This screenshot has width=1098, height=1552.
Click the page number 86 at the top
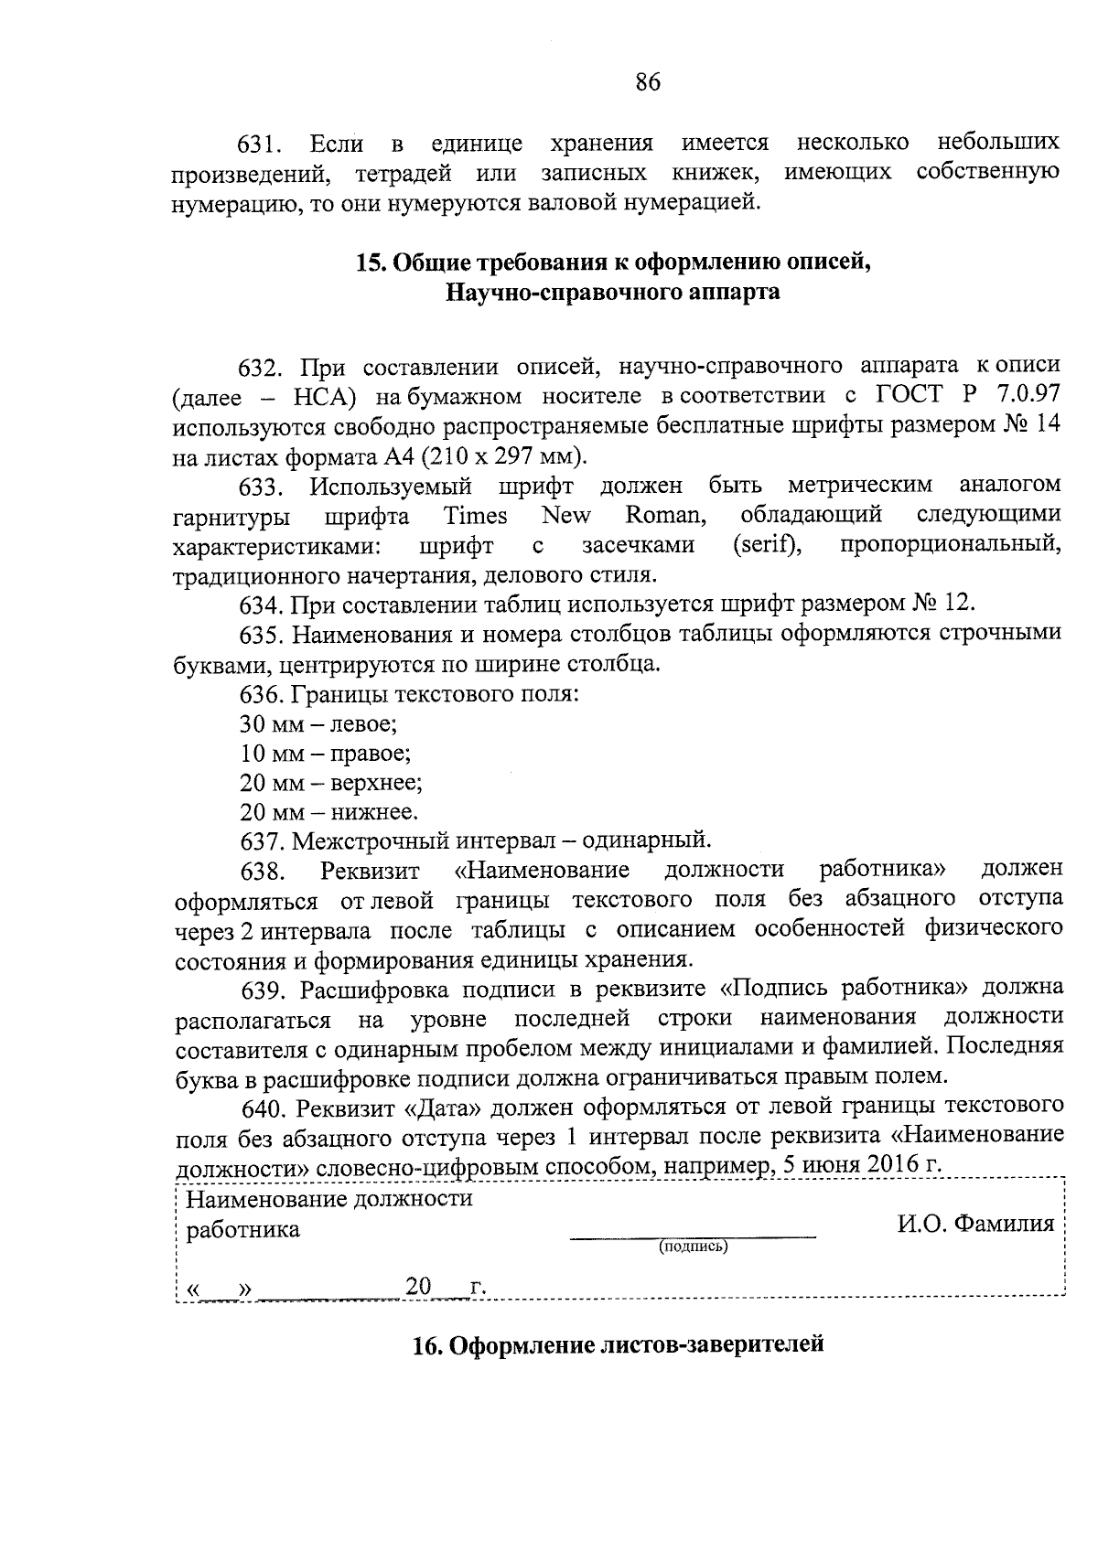pyautogui.click(x=647, y=83)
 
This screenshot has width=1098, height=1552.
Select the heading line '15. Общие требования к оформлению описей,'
pyautogui.click(x=612, y=263)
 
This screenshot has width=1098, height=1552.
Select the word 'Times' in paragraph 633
pyautogui.click(x=475, y=516)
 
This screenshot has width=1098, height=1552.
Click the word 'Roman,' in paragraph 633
pyautogui.click(x=666, y=516)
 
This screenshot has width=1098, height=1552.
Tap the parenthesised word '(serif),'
pyautogui.click(x=768, y=546)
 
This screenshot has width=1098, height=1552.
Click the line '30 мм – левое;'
pyautogui.click(x=318, y=724)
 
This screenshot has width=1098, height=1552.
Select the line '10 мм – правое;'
pyautogui.click(x=325, y=754)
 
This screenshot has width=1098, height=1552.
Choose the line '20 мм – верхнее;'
pyautogui.click(x=330, y=783)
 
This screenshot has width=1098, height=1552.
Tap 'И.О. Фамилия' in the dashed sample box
pyautogui.click(x=975, y=1224)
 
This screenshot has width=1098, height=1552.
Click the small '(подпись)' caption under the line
pyautogui.click(x=693, y=1246)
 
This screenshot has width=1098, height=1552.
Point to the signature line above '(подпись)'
pyautogui.click(x=693, y=1236)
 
